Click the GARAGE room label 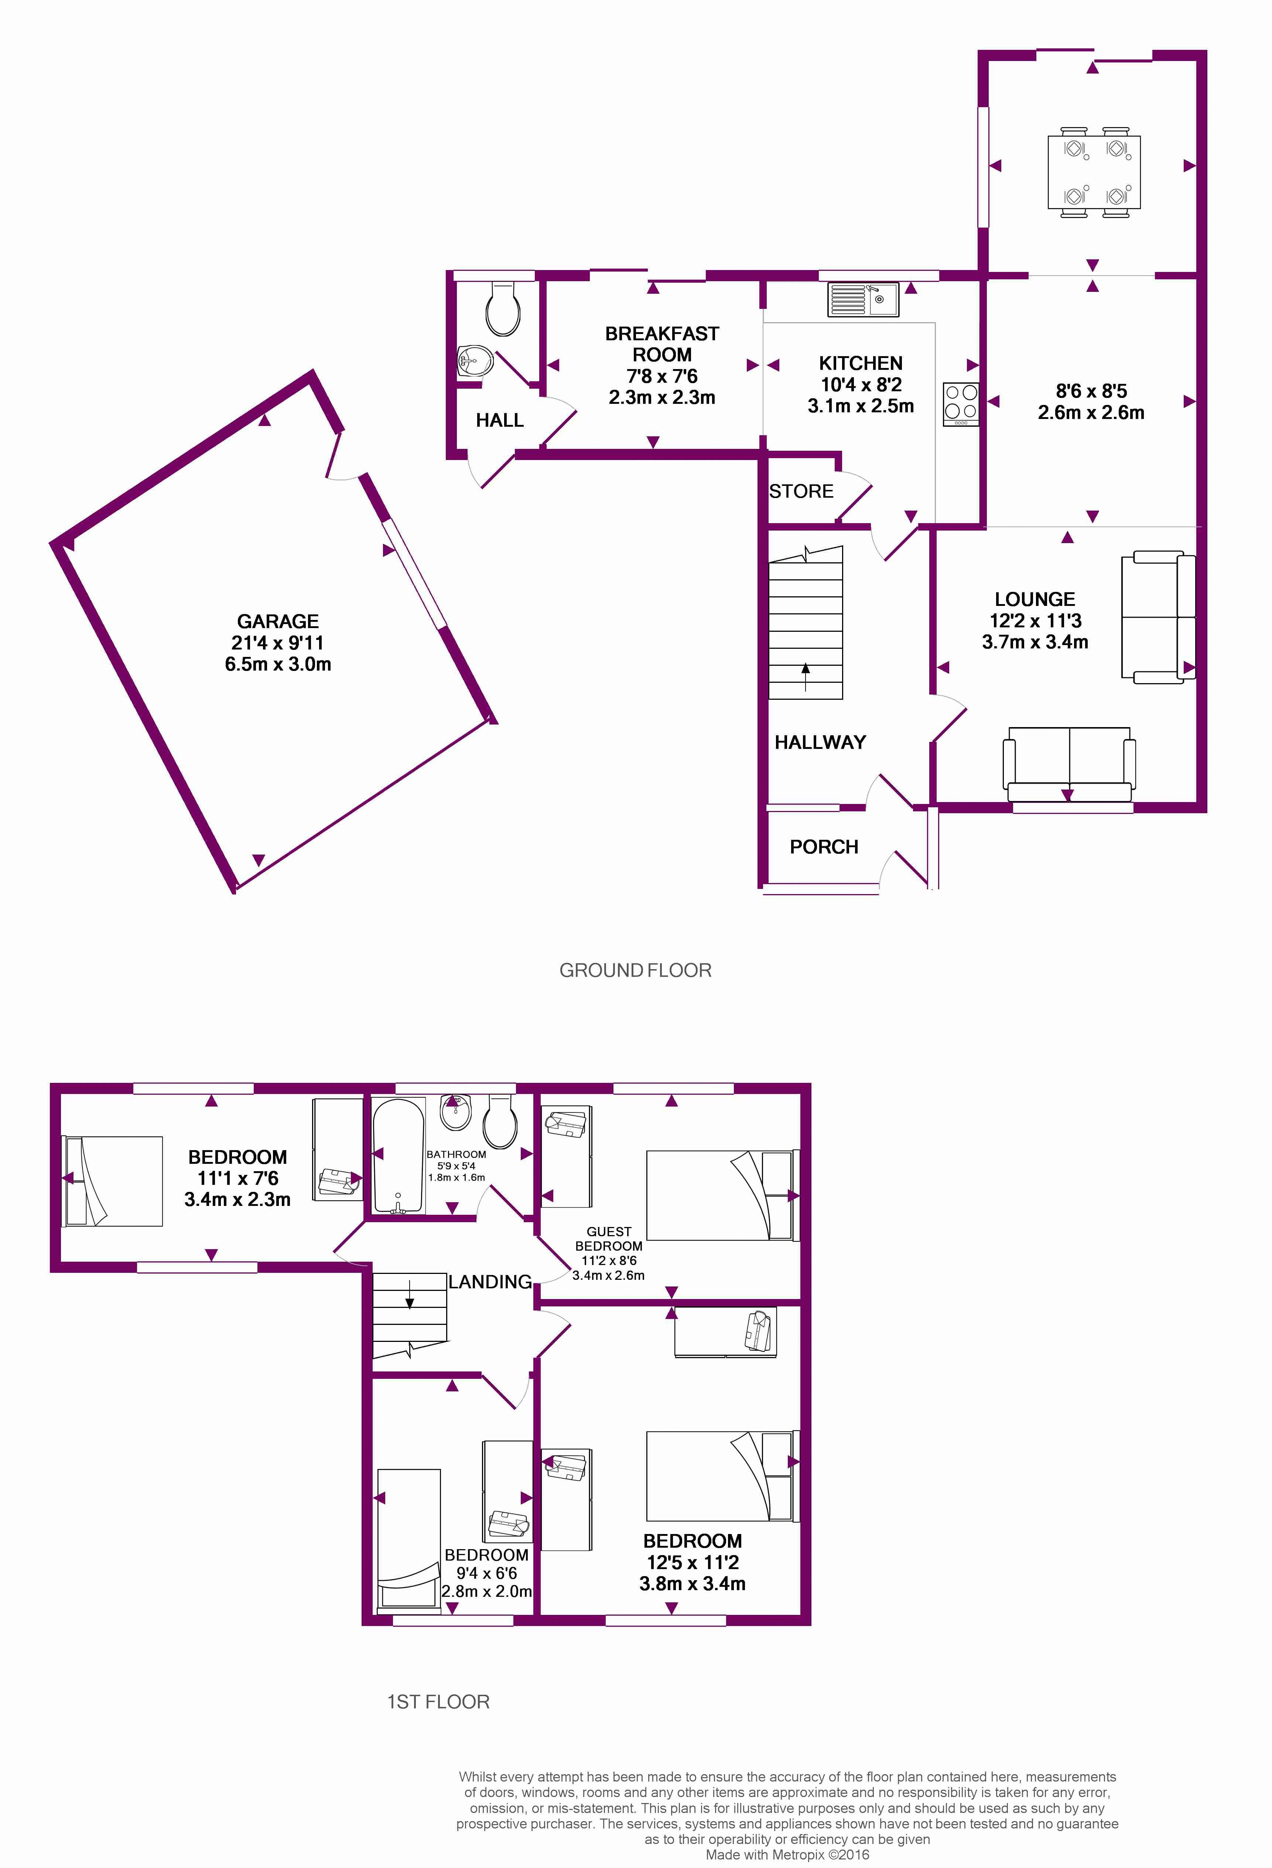click(278, 621)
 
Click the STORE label click(801, 491)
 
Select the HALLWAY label click(820, 742)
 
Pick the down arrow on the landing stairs click(410, 1294)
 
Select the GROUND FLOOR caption click(635, 970)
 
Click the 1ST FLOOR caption click(438, 1702)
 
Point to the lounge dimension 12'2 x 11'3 click(1035, 621)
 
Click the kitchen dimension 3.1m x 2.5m click(861, 406)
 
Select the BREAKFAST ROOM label click(662, 344)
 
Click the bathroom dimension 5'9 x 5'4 click(457, 1166)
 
